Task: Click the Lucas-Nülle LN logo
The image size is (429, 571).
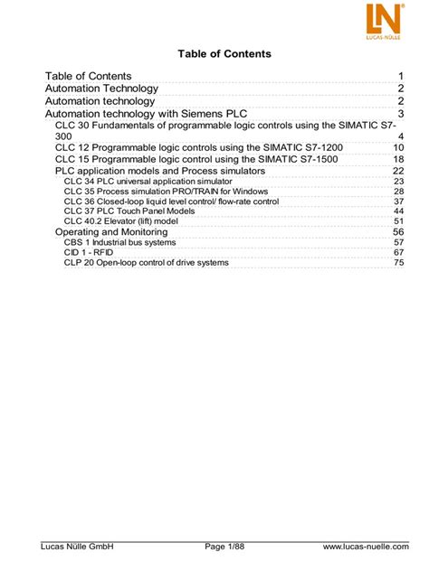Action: tap(384, 20)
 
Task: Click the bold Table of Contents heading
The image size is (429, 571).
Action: tap(214, 54)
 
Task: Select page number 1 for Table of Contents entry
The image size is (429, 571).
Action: tap(399, 76)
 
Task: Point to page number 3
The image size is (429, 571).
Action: tap(399, 114)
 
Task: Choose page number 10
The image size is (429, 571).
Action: tap(397, 147)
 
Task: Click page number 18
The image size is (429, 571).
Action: tap(397, 159)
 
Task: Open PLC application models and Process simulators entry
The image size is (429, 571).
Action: tap(160, 171)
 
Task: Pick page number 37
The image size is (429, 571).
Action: tap(398, 201)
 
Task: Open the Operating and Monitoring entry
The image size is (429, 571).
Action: tap(111, 232)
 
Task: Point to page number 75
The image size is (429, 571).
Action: tap(398, 262)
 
